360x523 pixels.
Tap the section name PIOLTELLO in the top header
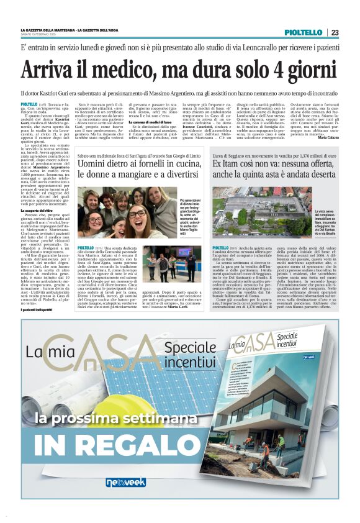click(x=303, y=32)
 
